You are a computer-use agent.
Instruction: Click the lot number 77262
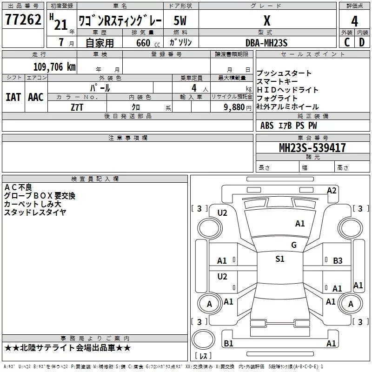click(23, 19)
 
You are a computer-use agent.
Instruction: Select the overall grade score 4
click(354, 21)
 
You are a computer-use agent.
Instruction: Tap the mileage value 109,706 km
click(54, 67)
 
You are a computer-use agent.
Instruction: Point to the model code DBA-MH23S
click(266, 43)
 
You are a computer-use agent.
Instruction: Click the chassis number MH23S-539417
click(312, 148)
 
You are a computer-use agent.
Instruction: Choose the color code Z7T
click(77, 107)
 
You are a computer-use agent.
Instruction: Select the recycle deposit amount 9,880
click(234, 107)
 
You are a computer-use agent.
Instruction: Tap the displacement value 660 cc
click(148, 43)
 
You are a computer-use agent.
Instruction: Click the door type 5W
click(180, 20)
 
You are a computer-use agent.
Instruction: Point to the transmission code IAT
click(13, 97)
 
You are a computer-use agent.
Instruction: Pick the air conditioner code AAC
click(36, 97)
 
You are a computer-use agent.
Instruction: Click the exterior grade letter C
click(347, 42)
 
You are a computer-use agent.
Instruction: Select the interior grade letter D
click(362, 42)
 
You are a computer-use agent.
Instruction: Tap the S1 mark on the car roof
click(280, 259)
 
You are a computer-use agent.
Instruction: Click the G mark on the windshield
click(294, 245)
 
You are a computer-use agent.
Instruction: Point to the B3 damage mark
click(338, 261)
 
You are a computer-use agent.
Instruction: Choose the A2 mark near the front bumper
click(332, 191)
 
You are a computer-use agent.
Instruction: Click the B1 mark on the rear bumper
click(228, 343)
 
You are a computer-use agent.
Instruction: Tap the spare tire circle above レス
click(203, 339)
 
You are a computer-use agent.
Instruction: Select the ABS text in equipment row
click(267, 126)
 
